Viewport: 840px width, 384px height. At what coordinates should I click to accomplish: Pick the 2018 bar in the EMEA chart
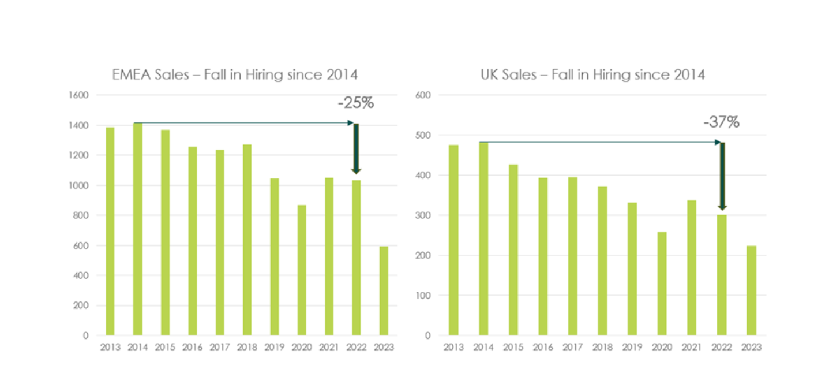click(247, 240)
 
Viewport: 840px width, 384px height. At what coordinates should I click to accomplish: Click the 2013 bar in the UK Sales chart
click(453, 240)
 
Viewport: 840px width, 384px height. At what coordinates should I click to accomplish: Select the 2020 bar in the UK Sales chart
click(662, 284)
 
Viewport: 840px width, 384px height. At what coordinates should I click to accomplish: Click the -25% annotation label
click(356, 103)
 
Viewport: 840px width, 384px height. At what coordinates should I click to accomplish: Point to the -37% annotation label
click(721, 122)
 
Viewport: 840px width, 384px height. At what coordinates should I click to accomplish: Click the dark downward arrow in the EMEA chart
click(356, 148)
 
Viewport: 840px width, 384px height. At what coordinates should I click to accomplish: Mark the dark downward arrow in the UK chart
click(722, 176)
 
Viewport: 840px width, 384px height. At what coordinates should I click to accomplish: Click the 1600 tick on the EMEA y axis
click(78, 95)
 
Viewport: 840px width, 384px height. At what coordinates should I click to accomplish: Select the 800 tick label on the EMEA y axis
click(81, 215)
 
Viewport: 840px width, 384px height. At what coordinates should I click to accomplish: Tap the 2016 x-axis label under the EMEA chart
click(192, 348)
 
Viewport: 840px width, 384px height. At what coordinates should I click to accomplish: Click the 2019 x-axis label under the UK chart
click(632, 348)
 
